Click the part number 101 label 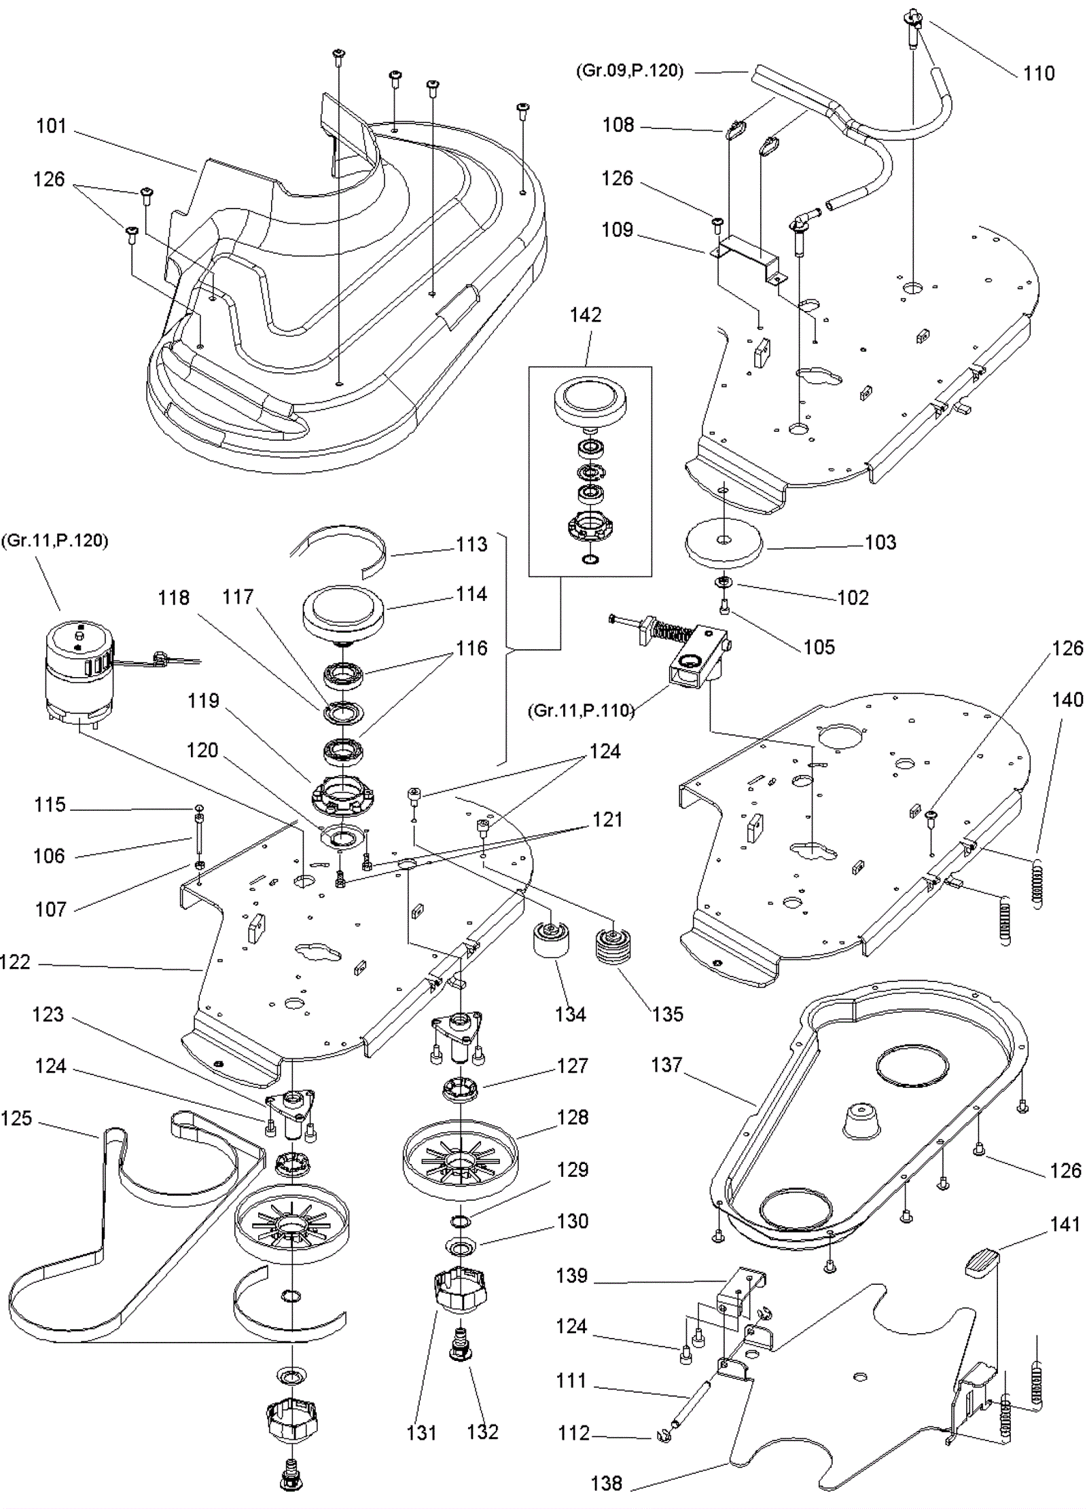[52, 126]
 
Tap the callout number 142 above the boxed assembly [586, 315]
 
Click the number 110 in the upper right [1039, 73]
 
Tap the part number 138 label [607, 1483]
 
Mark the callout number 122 [15, 962]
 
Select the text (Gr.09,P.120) [629, 71]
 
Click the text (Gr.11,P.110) [581, 711]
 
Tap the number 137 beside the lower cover [666, 1065]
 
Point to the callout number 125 [16, 1118]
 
